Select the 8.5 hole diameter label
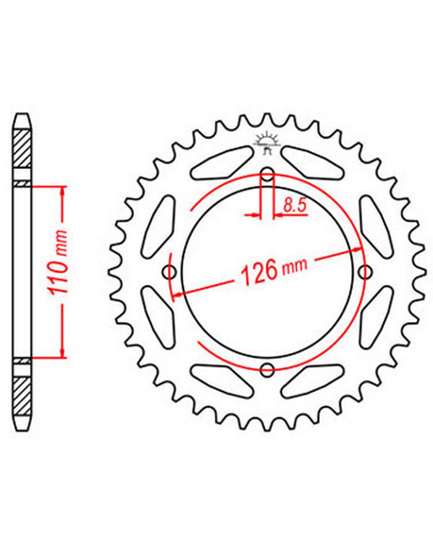pyautogui.click(x=294, y=205)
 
